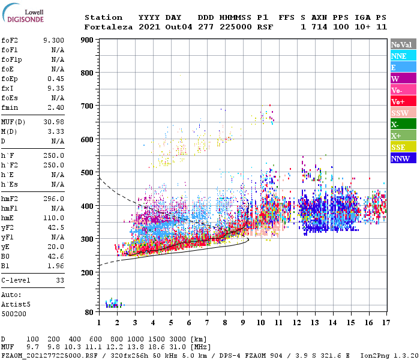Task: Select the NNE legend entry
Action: (403, 56)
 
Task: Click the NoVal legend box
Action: (403, 44)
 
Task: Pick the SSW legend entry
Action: (403, 113)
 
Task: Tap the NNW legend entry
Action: (403, 158)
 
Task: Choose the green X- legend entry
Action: (403, 124)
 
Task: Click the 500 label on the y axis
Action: (88, 173)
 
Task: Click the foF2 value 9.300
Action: (53, 40)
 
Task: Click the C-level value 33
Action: (60, 280)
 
